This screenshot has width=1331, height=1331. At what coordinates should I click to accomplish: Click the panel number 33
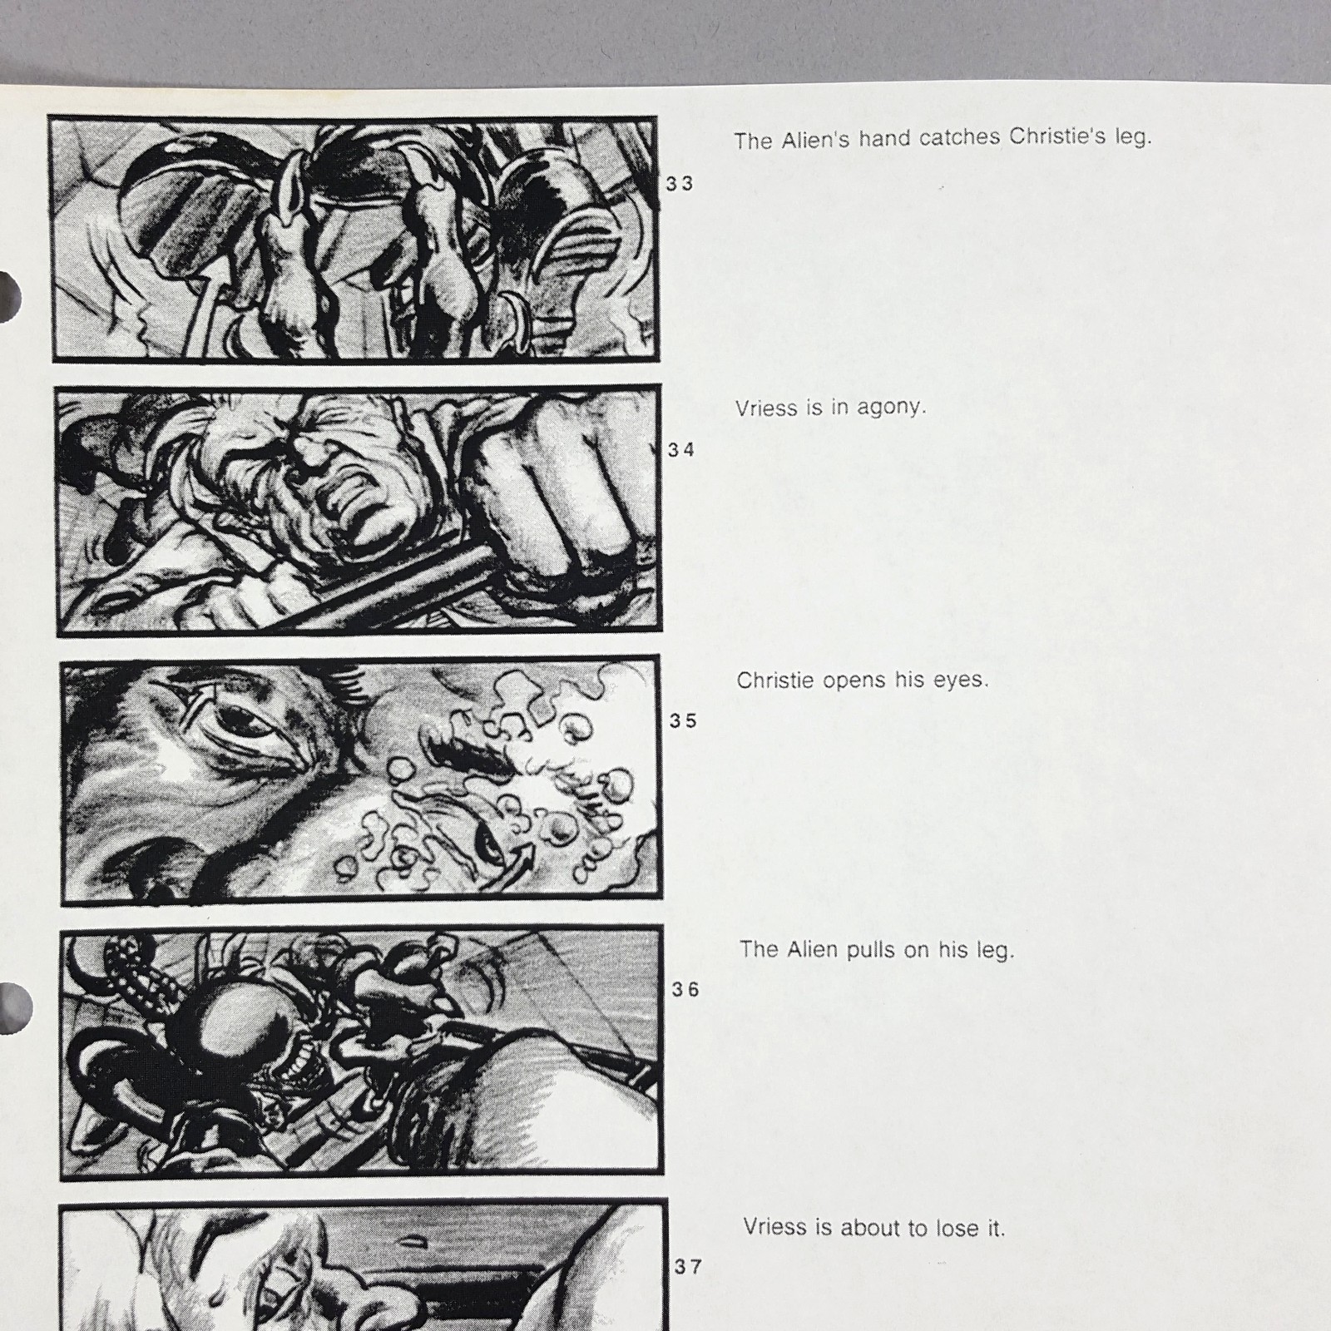[x=680, y=184]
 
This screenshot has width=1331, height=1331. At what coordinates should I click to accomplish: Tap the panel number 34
[x=680, y=450]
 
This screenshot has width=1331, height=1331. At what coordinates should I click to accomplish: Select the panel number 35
[x=683, y=721]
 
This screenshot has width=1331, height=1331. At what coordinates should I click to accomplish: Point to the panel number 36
[x=685, y=990]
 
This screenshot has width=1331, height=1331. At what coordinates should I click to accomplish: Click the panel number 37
[x=687, y=1267]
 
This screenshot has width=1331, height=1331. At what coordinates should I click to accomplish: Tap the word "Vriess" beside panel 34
[x=766, y=408]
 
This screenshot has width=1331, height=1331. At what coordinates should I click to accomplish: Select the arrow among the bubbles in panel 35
[x=522, y=858]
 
